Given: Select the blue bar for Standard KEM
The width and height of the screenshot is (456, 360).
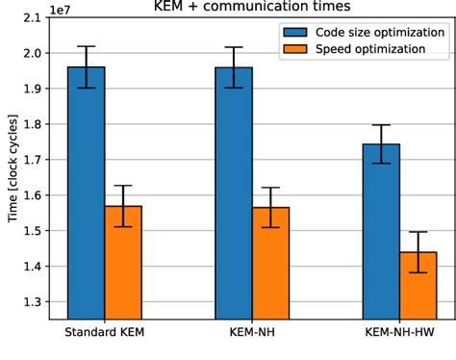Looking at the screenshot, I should point(87,193).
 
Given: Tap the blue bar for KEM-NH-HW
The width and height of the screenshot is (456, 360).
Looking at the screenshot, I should point(382,231).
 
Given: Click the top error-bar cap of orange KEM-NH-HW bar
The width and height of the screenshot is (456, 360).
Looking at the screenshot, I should point(418,232).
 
